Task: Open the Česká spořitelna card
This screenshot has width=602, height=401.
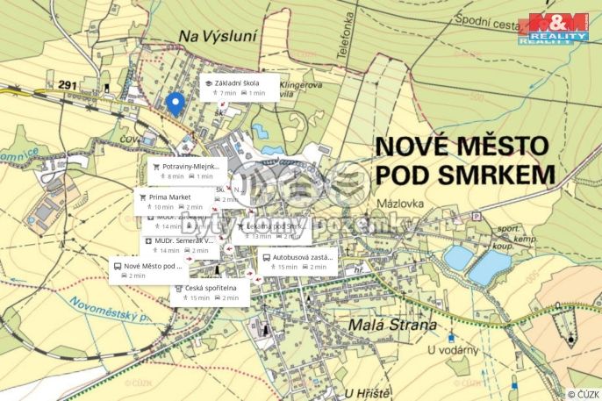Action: coord(210,292)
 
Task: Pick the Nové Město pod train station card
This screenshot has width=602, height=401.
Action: coord(148,269)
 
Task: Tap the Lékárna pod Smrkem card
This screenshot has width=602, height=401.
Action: coord(270,230)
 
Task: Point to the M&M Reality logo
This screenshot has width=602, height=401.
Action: coord(553,30)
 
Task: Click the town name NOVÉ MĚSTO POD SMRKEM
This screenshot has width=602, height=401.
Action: coord(465,159)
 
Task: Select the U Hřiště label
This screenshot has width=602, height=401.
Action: coord(368,391)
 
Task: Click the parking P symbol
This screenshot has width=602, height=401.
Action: coord(477,216)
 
